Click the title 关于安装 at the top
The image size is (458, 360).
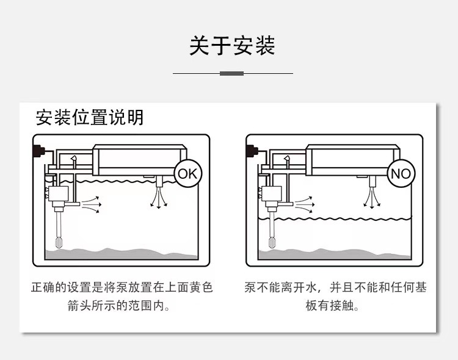click(x=231, y=46)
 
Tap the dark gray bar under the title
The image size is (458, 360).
click(x=231, y=73)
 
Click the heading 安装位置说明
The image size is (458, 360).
click(x=90, y=117)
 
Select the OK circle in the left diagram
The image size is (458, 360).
click(x=187, y=173)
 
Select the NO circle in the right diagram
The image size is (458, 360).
click(x=401, y=173)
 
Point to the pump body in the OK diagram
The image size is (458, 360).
click(x=58, y=196)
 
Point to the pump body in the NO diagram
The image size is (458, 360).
click(x=272, y=196)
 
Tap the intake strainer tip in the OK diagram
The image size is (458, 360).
click(x=59, y=242)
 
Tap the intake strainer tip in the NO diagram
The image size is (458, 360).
click(x=272, y=242)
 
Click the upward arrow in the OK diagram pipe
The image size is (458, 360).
click(x=73, y=160)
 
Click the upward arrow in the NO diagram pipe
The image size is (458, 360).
click(x=287, y=160)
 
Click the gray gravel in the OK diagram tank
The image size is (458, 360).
click(x=122, y=253)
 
